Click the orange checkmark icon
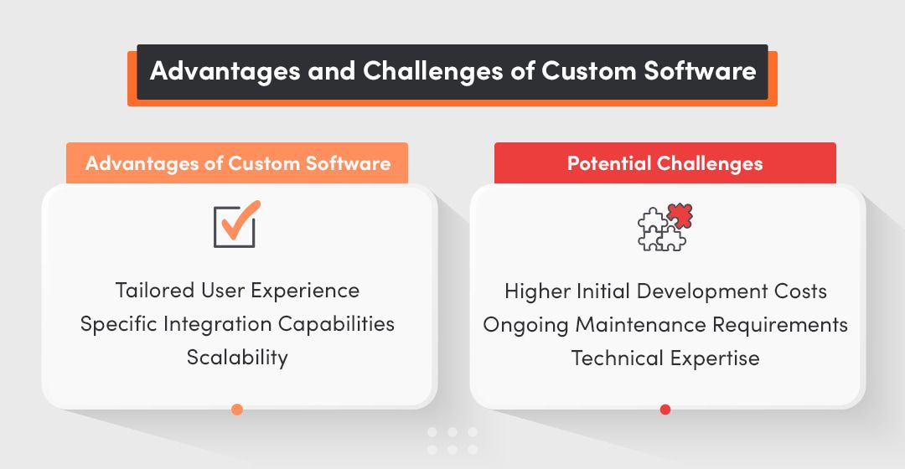(235, 224)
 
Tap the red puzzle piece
(680, 217)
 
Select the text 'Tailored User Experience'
(237, 291)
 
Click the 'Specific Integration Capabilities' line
(237, 324)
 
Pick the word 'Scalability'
(237, 358)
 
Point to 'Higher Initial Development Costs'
(665, 291)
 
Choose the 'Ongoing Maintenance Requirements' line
(665, 325)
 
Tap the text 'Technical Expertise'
(665, 358)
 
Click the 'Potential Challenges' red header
(665, 163)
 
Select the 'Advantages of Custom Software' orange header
(237, 163)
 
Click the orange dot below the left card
(237, 410)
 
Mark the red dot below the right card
(665, 410)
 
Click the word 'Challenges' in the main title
(432, 71)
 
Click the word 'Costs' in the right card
(797, 291)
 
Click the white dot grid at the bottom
(452, 441)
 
